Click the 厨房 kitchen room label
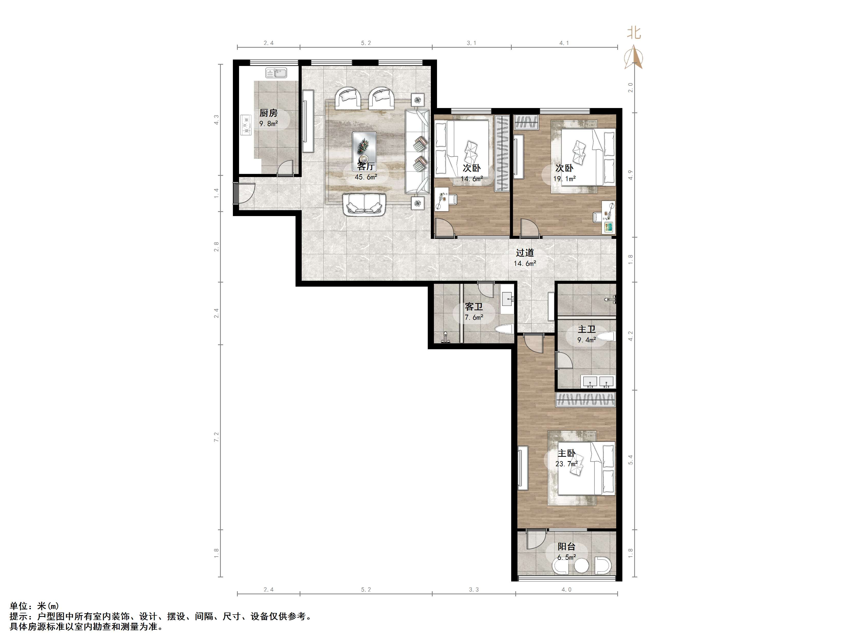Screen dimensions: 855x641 [268, 113]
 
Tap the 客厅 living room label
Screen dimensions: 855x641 [366, 167]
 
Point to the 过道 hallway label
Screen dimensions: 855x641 [525, 253]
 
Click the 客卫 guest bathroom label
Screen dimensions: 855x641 [474, 307]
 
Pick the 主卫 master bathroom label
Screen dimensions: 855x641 [587, 329]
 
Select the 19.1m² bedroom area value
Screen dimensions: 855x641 [564, 179]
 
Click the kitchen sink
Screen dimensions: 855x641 [276, 73]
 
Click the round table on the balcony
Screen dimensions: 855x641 [581, 566]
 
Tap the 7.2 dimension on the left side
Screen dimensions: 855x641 [216, 437]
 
